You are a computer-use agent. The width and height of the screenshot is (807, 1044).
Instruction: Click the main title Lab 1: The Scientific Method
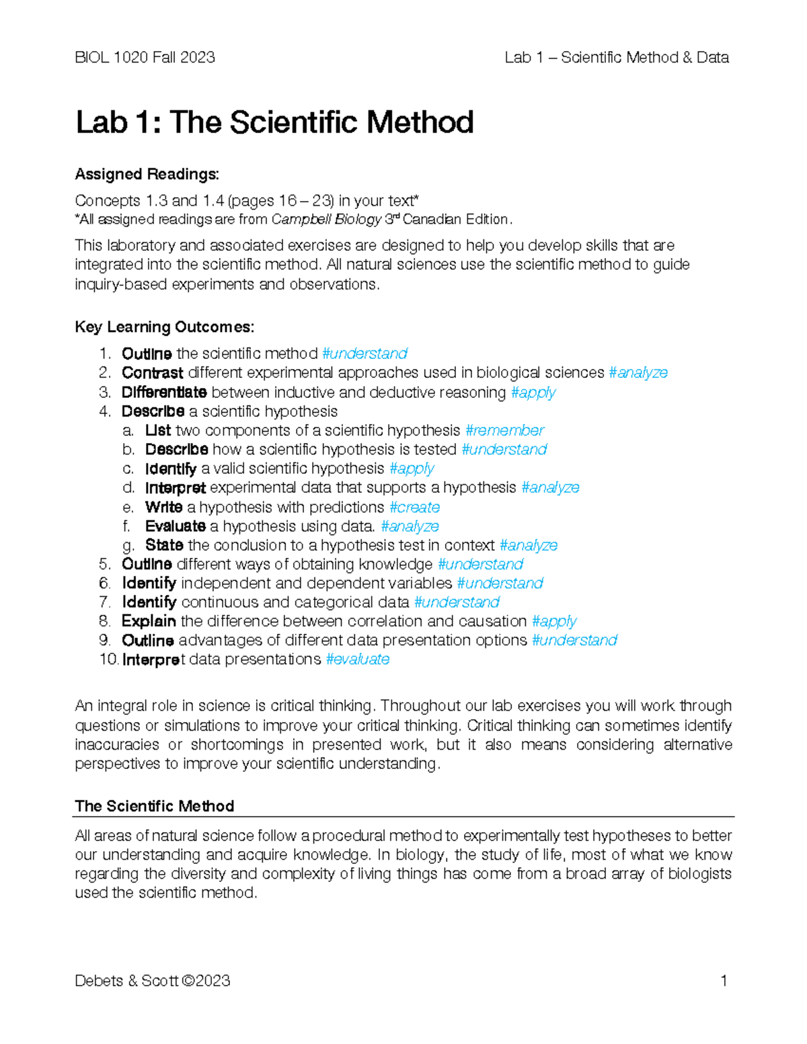[274, 123]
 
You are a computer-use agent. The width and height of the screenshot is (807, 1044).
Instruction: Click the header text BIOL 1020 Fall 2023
[145, 58]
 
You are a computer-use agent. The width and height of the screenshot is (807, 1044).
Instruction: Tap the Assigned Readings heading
[147, 174]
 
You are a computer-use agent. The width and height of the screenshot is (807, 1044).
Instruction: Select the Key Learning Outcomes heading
[164, 327]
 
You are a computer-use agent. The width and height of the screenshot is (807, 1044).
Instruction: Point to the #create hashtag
[414, 507]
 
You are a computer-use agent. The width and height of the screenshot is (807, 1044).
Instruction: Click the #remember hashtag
[504, 430]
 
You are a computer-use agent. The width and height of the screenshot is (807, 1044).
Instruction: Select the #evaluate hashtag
[357, 659]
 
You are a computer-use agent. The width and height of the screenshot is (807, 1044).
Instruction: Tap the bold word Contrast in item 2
[152, 373]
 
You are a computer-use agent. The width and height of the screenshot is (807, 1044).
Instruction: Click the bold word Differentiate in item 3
[164, 393]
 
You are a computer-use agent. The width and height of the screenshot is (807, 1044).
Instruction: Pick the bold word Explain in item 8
[149, 621]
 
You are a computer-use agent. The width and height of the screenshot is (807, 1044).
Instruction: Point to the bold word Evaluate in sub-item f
[175, 526]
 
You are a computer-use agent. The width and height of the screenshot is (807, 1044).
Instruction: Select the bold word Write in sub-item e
[163, 507]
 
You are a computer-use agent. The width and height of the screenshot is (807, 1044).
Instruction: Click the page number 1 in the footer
[724, 981]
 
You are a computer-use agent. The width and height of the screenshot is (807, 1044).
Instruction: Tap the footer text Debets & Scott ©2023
[153, 981]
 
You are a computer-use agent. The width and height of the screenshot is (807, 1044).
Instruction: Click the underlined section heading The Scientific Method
[154, 806]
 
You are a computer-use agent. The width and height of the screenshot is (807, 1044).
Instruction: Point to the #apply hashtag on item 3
[533, 393]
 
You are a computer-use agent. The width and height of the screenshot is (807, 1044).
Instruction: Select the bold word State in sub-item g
[164, 545]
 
